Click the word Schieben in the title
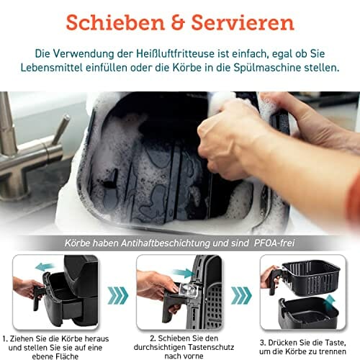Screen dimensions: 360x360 coord(115,22)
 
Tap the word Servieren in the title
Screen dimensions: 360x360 coord(243,22)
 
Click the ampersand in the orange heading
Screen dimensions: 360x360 coord(178,22)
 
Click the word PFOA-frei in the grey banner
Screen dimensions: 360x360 coord(274,243)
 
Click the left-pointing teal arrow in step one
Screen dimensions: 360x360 coord(45,266)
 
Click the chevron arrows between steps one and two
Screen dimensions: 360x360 coord(118,295)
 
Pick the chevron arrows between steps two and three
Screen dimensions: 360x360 coord(241,295)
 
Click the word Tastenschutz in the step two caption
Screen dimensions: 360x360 coord(211,347)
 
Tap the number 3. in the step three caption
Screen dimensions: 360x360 coord(263,343)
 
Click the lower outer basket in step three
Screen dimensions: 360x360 coord(308,312)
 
